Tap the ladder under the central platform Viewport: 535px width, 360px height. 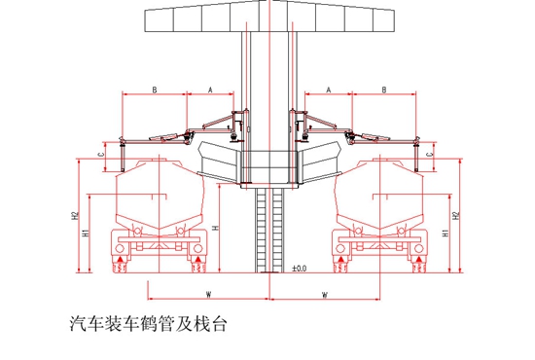click(267, 229)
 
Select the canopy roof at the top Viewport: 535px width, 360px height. click(267, 18)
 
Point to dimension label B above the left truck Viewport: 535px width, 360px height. click(154, 90)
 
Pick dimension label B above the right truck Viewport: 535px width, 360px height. click(385, 90)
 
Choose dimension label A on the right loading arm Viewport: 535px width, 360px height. click(329, 90)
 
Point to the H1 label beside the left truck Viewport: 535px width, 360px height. click(87, 234)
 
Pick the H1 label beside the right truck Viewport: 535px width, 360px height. click(445, 234)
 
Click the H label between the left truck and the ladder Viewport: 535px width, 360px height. click(216, 227)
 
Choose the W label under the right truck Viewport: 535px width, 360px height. click(323, 292)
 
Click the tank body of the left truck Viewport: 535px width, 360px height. click(156, 195)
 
